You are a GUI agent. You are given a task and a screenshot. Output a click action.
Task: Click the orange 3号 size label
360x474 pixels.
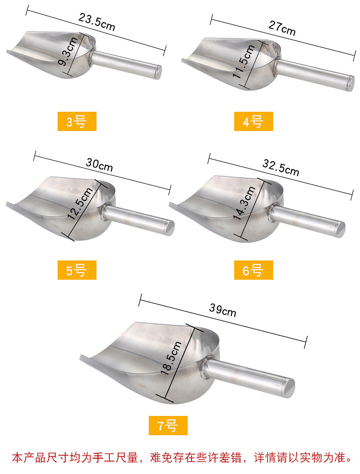pyautogui.click(x=77, y=121)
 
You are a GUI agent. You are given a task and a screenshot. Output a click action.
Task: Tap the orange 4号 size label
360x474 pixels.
pyautogui.click(x=253, y=121)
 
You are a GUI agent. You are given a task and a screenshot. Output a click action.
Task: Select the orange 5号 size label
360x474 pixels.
pyautogui.click(x=77, y=270)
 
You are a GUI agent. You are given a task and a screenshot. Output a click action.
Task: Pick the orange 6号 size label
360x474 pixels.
pyautogui.click(x=253, y=270)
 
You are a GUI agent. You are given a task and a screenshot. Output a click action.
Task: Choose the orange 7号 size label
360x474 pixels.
pyautogui.click(x=168, y=426)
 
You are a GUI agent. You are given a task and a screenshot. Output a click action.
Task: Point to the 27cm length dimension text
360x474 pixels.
pyautogui.click(x=282, y=28)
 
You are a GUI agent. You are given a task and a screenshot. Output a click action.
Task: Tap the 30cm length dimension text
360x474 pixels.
pyautogui.click(x=99, y=165)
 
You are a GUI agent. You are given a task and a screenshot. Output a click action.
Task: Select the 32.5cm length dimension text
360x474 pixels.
pyautogui.click(x=281, y=168)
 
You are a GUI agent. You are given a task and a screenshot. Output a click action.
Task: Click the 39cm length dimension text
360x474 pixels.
pyautogui.click(x=223, y=310)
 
